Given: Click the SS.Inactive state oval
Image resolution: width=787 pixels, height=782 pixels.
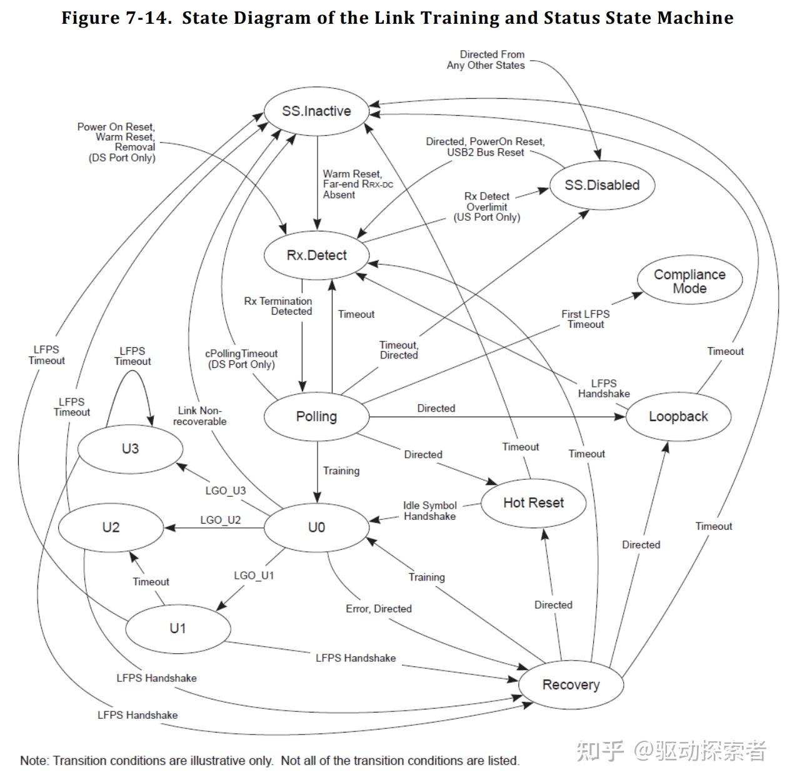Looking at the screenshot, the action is (x=316, y=111).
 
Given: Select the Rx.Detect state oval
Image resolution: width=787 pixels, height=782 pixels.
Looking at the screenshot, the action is (x=316, y=255).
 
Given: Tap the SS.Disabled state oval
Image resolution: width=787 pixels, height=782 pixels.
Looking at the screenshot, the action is (x=602, y=185).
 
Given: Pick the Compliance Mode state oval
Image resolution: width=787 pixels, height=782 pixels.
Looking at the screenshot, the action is (x=689, y=280).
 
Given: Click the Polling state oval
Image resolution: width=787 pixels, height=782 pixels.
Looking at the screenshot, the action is (x=316, y=417).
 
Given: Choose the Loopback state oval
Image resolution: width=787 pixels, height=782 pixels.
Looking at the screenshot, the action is (x=678, y=417).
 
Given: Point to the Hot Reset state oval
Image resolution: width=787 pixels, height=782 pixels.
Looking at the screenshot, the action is (x=533, y=503).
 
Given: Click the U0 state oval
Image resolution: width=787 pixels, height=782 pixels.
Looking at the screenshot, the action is (x=316, y=528).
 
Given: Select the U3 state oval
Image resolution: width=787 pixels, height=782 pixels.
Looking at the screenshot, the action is (x=130, y=449).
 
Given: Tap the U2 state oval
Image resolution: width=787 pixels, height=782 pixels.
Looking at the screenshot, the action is (x=111, y=528).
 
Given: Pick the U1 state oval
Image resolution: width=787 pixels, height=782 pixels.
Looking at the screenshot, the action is (x=178, y=628).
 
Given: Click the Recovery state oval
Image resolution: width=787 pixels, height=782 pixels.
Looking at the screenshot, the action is (x=571, y=684).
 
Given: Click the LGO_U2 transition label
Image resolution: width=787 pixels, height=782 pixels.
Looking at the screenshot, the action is (x=221, y=520).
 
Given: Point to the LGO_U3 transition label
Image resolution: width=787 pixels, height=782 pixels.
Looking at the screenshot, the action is (x=226, y=490).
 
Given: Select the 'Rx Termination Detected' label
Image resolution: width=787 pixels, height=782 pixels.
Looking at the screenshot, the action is (x=278, y=306).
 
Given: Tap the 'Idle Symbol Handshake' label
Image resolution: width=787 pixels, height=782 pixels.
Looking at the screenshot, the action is (x=429, y=511).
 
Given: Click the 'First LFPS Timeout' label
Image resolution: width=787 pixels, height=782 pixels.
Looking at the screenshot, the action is (x=585, y=319).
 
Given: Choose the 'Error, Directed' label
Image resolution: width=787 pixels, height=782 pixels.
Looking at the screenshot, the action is (x=379, y=609).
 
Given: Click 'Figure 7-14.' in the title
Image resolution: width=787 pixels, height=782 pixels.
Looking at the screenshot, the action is (x=117, y=18).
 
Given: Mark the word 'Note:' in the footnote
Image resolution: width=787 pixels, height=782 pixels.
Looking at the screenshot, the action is (x=35, y=761).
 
